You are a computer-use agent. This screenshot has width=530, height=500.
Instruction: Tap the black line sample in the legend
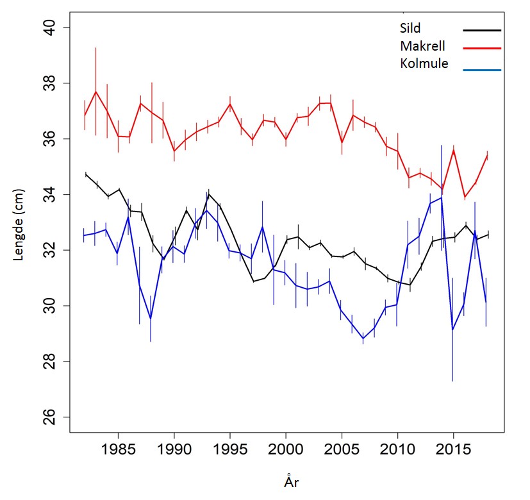(481, 30)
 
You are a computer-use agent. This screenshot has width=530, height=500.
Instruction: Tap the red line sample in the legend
(481, 48)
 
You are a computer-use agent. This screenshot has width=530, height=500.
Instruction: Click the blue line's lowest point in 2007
(363, 338)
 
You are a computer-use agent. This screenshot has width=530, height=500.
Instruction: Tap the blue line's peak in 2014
(442, 197)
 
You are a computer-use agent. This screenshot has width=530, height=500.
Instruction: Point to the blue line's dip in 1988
(151, 319)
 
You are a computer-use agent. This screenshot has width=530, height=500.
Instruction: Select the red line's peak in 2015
(453, 150)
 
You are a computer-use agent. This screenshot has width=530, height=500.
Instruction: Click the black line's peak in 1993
(208, 194)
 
